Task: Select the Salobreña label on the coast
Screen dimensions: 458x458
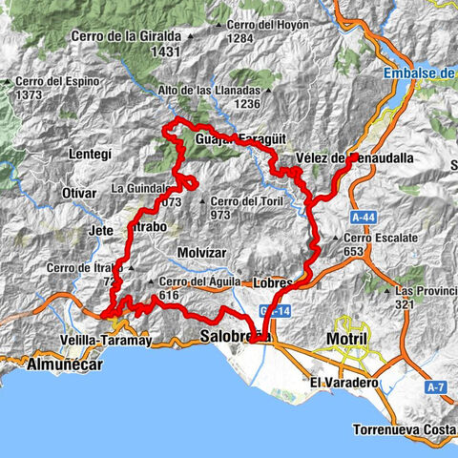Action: point(236,337)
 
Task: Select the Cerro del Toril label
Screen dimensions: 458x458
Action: point(250,201)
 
